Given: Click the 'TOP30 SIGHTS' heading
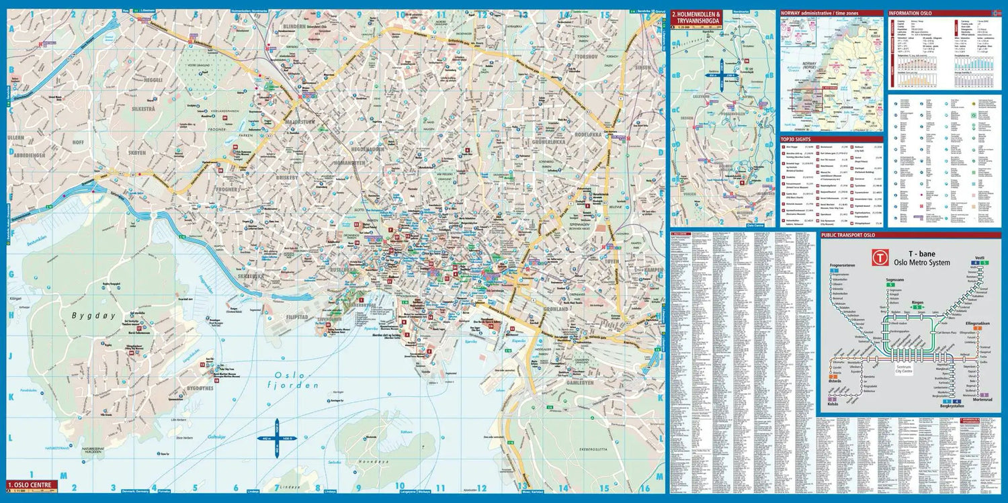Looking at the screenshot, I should [x=796, y=139].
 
